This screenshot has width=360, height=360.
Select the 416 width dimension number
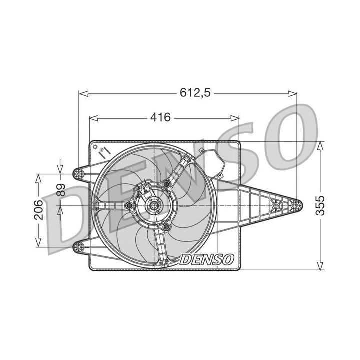coord(160,118)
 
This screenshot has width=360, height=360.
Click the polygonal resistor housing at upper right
coord(210,161)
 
